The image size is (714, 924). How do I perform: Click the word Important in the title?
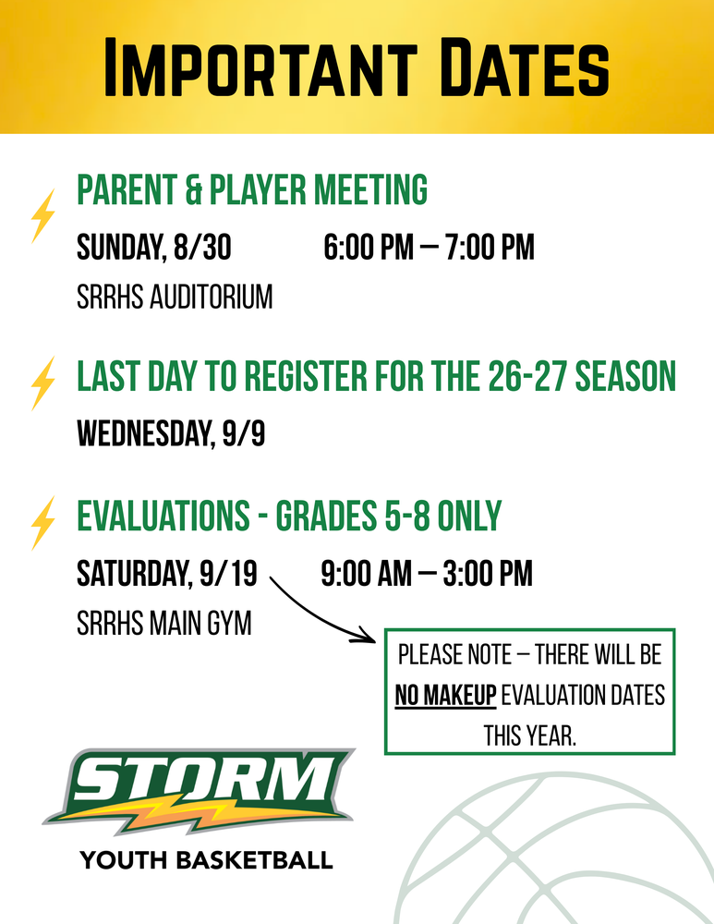(260, 67)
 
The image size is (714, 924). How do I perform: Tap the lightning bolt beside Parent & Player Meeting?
(43, 215)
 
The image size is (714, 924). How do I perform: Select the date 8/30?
(202, 247)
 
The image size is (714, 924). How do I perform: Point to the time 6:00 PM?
(369, 247)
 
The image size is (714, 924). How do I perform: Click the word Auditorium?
(211, 297)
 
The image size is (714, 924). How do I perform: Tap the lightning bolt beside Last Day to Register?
(43, 383)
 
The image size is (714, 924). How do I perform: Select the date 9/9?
(243, 433)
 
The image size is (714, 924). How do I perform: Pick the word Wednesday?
(145, 434)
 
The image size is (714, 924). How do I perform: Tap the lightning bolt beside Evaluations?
(43, 523)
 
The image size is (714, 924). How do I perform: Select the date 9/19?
(228, 574)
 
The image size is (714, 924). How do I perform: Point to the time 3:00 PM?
(488, 574)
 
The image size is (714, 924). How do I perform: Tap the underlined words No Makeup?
(445, 696)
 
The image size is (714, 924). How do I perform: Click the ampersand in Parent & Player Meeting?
(193, 189)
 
